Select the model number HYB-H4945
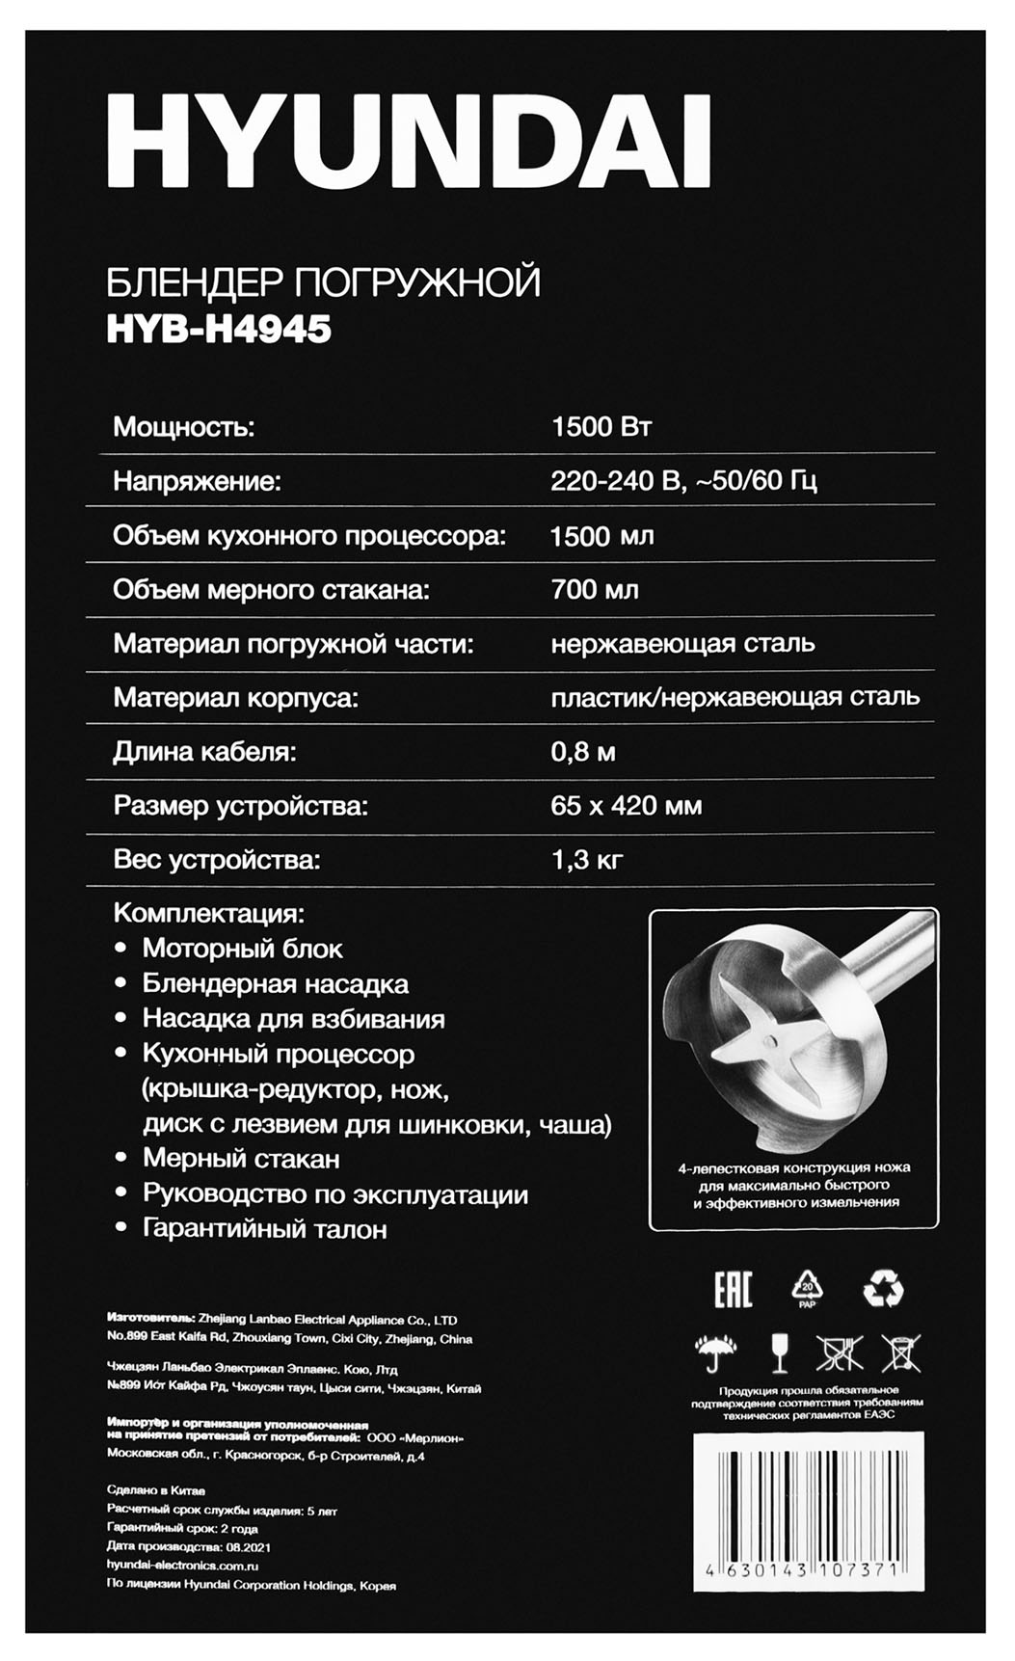coord(219,330)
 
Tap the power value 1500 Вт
coord(601,426)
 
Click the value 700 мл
coord(594,589)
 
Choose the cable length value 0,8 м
coord(582,751)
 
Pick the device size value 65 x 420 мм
coord(626,805)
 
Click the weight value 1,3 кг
coord(587,859)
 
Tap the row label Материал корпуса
coord(235,697)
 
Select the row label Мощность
coord(184,426)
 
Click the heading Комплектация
coord(208,912)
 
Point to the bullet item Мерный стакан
coord(241,1158)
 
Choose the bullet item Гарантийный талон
coord(264,1229)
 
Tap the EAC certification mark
coord(733,1289)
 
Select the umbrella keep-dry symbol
coord(714,1353)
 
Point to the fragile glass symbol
coord(779,1353)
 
